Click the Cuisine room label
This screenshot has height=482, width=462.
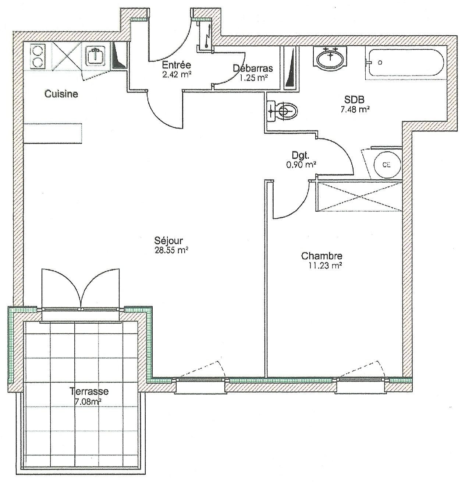[x=61, y=94]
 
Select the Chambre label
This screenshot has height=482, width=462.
[x=322, y=256]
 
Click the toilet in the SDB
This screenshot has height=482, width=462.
[x=282, y=110]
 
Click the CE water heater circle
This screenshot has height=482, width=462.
[x=386, y=165]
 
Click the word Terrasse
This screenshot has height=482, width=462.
[x=89, y=391]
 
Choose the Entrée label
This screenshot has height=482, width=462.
[x=177, y=65]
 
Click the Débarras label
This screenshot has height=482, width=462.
[x=253, y=68]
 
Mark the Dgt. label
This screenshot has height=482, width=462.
[x=301, y=155]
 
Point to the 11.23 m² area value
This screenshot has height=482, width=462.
[x=325, y=266]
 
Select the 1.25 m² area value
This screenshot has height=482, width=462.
[x=254, y=78]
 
